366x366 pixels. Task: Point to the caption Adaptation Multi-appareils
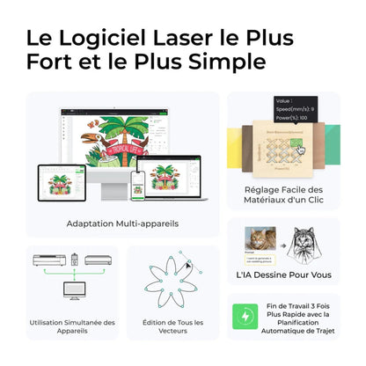[122, 223]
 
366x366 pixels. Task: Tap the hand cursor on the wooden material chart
[300, 151]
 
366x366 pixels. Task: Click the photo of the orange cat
[262, 240]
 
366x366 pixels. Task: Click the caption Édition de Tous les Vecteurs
[172, 328]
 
